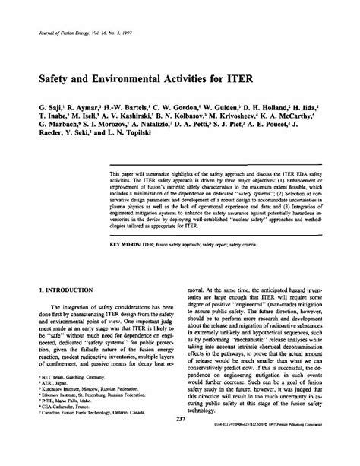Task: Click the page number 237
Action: [179, 442]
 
